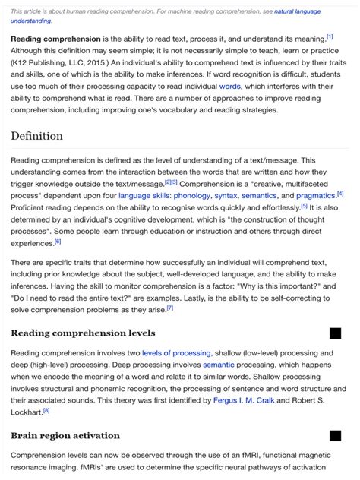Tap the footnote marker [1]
point(330,36)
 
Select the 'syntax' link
point(226,195)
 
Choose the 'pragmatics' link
point(316,195)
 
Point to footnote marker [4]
point(340,193)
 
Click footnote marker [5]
point(304,205)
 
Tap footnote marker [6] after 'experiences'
point(58,242)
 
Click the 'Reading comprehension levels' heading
point(83,333)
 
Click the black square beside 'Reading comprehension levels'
point(335,333)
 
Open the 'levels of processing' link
point(171,353)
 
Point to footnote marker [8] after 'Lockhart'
point(46,409)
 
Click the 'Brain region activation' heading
point(65,435)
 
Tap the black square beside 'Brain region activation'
point(335,435)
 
